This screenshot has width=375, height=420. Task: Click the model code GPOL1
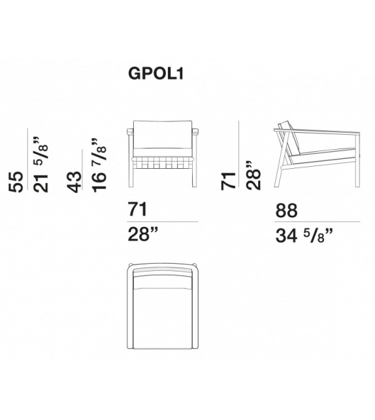tap(156, 73)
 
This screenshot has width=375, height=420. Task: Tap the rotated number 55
tap(16, 182)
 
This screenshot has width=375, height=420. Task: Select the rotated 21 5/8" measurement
tap(41, 164)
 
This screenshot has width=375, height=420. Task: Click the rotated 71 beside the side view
tap(228, 181)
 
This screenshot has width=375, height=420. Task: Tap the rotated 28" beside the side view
tap(253, 176)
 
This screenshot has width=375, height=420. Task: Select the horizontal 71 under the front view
tap(138, 209)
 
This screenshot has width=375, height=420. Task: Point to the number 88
tap(286, 211)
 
